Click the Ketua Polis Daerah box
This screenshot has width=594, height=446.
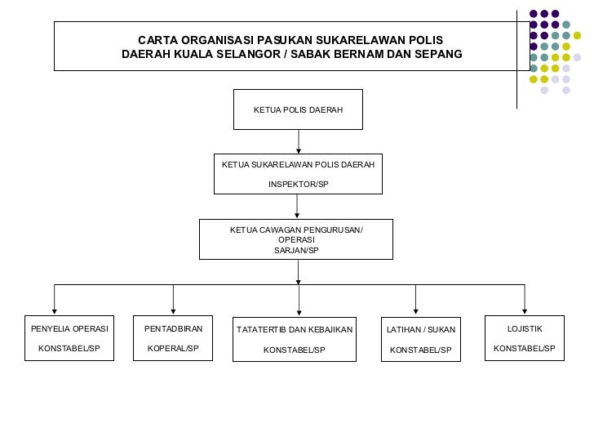[298, 109]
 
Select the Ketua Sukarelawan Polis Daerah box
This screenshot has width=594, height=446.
[298, 174]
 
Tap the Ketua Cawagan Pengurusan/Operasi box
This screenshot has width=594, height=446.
[297, 239]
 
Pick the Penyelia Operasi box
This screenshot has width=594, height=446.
[69, 338]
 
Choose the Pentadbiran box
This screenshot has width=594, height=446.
[172, 338]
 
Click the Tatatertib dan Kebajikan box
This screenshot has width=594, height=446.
[294, 339]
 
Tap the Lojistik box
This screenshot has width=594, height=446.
[524, 338]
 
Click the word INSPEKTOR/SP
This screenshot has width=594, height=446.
[299, 184]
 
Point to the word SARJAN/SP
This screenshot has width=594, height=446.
[297, 250]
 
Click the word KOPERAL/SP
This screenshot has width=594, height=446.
[172, 349]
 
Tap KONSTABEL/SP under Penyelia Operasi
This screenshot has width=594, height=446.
[69, 349]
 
